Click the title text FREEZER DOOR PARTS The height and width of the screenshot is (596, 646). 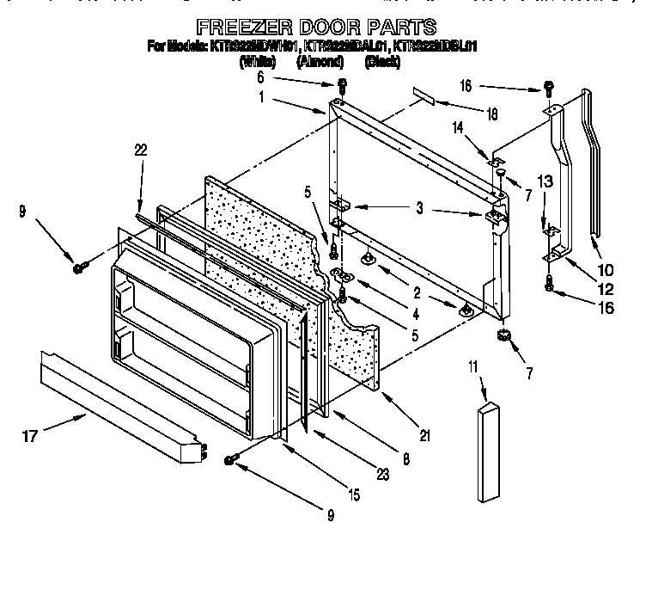[x=315, y=27]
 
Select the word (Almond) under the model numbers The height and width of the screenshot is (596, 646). [x=320, y=62]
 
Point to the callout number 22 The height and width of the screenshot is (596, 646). [x=141, y=150]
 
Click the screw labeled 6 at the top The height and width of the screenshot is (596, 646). [x=342, y=85]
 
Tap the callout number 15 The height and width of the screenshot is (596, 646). [x=354, y=495]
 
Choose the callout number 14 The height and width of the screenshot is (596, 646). [x=458, y=126]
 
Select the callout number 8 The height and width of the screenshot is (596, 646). [x=405, y=459]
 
